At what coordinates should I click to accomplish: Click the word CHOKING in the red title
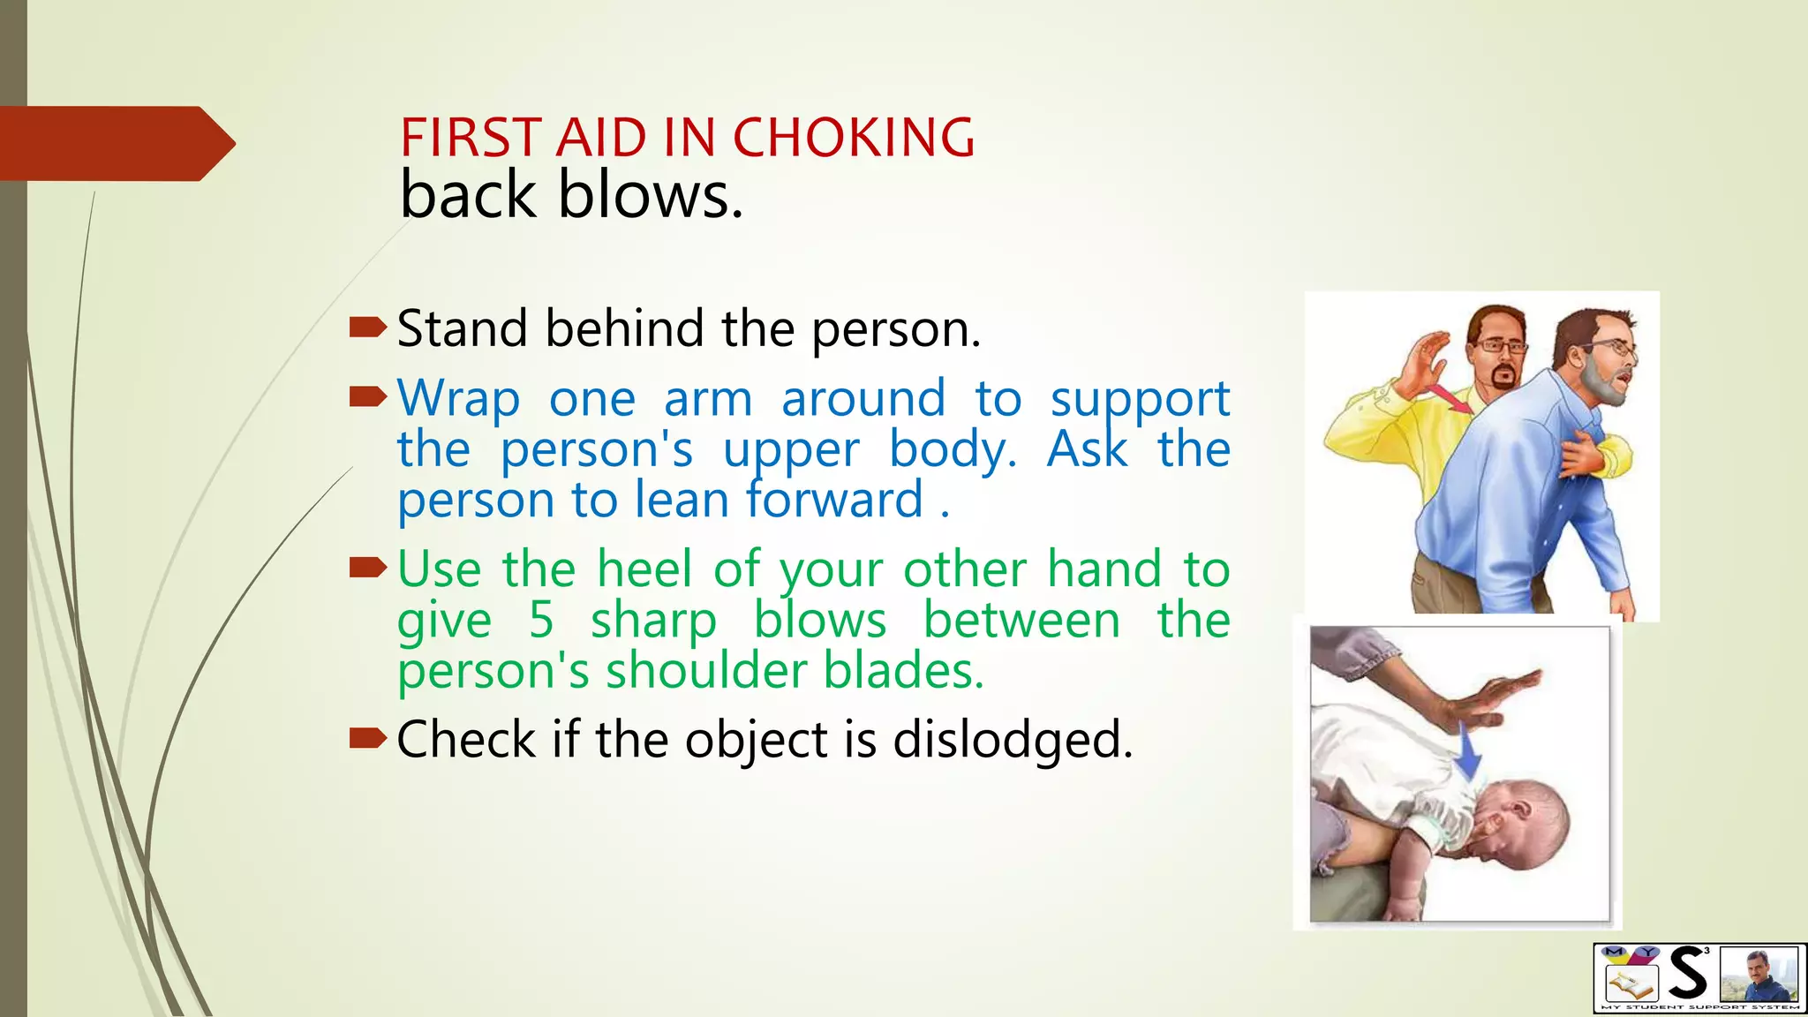[854, 138]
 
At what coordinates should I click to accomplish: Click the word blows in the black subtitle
[650, 195]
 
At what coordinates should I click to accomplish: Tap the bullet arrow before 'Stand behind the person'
[367, 328]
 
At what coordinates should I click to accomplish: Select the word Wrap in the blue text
[458, 399]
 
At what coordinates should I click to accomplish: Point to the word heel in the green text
[644, 569]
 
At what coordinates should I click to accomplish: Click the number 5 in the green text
[541, 620]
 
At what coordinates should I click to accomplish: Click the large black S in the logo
[1688, 974]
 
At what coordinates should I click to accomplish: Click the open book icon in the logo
[1629, 983]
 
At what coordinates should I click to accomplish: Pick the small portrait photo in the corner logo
[1759, 975]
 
